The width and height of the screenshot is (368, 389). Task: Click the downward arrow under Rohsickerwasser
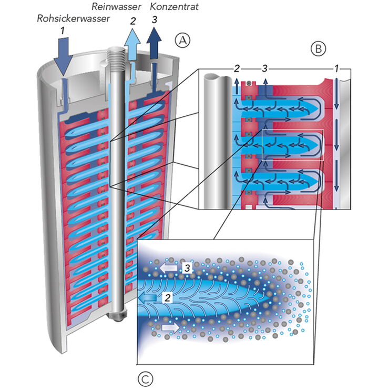pos(62,58)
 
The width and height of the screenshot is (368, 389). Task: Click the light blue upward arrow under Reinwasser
pos(132,45)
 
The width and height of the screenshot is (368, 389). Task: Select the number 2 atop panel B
pos(237,68)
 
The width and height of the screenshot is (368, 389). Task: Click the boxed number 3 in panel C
pos(187,268)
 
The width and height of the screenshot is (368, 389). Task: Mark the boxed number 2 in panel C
pos(167,297)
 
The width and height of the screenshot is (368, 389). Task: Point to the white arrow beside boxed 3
pos(169,268)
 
